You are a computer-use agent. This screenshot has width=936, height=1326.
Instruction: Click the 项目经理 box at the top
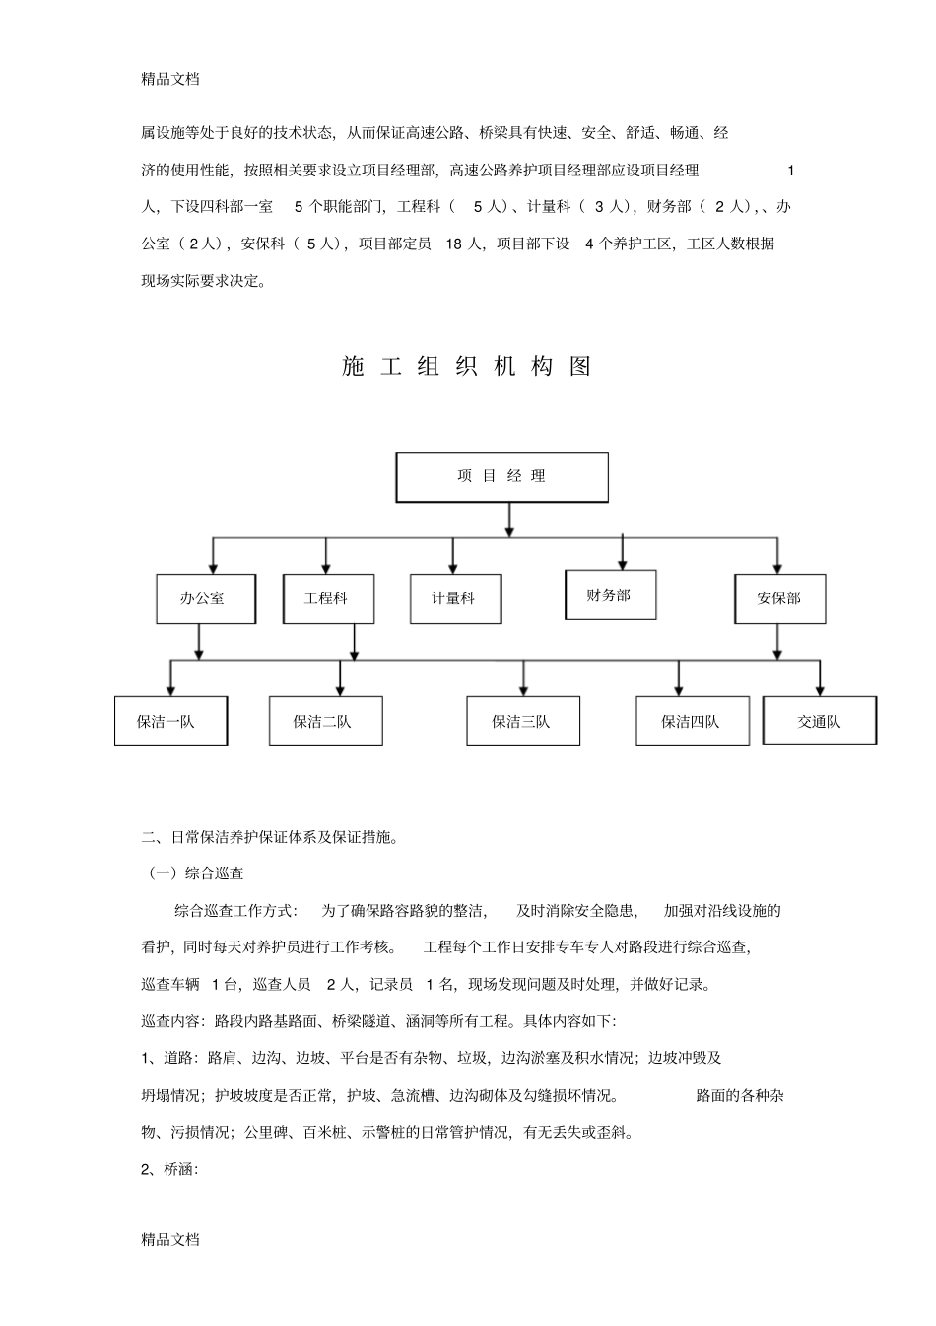tap(501, 477)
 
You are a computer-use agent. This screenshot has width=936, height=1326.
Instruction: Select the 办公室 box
tap(205, 598)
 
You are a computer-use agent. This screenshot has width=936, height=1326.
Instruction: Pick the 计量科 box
tap(455, 598)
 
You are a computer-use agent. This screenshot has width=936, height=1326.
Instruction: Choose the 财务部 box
tap(610, 595)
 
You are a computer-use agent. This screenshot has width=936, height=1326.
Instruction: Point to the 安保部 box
tap(779, 598)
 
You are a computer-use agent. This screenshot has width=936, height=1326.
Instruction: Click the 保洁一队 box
tap(170, 722)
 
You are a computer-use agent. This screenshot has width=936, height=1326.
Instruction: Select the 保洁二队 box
tap(325, 722)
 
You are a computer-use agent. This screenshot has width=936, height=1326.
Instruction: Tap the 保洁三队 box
tap(522, 722)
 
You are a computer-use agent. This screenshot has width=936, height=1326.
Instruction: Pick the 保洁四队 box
tap(692, 722)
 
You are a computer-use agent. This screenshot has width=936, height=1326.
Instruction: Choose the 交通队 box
tap(819, 722)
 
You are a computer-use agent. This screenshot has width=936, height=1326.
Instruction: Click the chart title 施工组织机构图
tap(467, 367)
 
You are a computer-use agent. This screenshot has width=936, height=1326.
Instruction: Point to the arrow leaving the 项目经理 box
tap(508, 520)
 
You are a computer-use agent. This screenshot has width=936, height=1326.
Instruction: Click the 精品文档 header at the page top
tap(170, 79)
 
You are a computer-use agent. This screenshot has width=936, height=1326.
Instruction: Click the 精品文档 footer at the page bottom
tap(170, 1240)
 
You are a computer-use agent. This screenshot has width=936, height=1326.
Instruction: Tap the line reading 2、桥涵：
tap(170, 1169)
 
